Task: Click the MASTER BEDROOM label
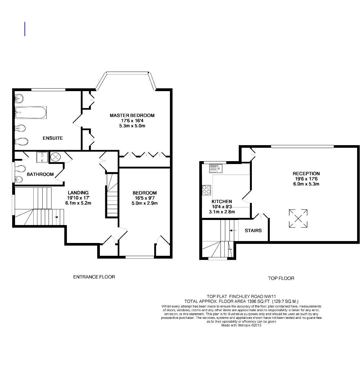click(x=132, y=115)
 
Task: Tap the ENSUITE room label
click(x=53, y=138)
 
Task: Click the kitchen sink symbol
click(x=216, y=168)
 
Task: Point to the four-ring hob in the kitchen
click(x=207, y=190)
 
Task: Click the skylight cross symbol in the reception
click(x=298, y=219)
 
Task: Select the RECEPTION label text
click(x=306, y=174)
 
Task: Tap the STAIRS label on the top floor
click(x=253, y=231)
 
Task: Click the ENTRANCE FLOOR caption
click(x=94, y=277)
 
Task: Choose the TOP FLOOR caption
click(x=281, y=278)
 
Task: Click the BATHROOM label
click(x=40, y=174)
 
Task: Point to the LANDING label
click(x=78, y=192)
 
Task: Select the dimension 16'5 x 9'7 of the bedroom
click(x=145, y=198)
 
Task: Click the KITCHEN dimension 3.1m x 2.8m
click(x=222, y=212)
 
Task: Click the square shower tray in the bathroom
click(x=42, y=157)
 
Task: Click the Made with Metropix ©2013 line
click(x=242, y=325)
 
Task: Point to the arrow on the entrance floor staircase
click(x=57, y=217)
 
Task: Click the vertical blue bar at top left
click(x=25, y=29)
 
